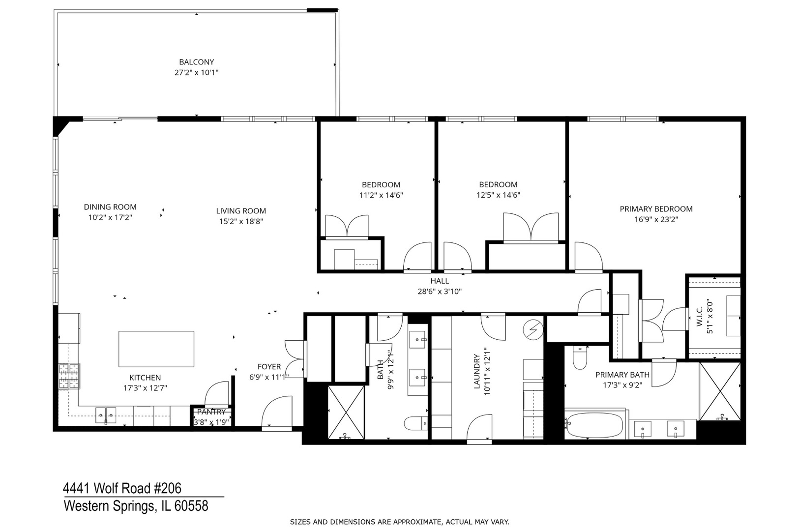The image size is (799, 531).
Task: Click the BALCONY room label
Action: coord(196,62)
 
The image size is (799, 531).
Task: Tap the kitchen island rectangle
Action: coord(156,349)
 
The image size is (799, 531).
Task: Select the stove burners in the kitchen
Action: coord(69,376)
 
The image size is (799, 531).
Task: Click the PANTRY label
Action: coord(211,412)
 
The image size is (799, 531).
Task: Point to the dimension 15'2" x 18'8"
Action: coord(241,221)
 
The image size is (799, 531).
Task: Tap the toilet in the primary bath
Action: coord(581,358)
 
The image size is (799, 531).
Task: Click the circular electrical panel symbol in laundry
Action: coord(534,327)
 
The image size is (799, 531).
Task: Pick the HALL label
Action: coord(439,281)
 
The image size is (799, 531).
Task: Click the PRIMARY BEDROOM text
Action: coord(655,209)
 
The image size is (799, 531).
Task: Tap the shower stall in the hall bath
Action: coord(346,412)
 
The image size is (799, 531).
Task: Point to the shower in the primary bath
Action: coord(720,391)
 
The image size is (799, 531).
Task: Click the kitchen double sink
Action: coord(106,415)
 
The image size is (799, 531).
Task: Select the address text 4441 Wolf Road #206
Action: coord(122,488)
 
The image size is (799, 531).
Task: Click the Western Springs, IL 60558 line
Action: coord(136,506)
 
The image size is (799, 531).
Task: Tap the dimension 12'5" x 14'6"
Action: coord(498,195)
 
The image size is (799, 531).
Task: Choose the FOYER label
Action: coord(269,367)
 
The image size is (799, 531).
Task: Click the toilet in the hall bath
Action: coord(416,423)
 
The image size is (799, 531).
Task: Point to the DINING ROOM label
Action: coord(110,207)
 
